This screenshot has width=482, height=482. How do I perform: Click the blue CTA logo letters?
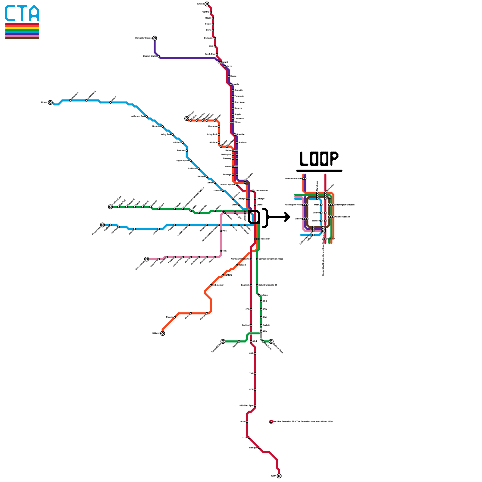point(22,13)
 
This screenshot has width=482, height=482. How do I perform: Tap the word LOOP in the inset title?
point(319,158)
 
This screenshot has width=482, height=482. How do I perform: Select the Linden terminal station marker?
point(207,4)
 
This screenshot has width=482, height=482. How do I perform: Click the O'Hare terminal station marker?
point(50,102)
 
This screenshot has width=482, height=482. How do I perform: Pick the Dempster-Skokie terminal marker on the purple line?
point(155,38)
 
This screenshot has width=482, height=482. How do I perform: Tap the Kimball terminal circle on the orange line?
point(187,119)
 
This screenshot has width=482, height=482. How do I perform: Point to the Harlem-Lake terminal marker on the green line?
point(111,207)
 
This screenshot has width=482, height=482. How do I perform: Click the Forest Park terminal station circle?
point(102,225)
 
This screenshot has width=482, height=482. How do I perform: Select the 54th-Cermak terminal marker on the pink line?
point(146,259)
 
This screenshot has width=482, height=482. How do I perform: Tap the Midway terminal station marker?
point(163,333)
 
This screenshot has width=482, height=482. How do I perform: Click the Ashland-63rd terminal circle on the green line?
point(223,341)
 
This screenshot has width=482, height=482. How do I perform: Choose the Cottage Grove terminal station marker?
point(271,341)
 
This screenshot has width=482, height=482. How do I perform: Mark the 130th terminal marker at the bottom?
point(279,476)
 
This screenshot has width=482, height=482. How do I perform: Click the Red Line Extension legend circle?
point(271,422)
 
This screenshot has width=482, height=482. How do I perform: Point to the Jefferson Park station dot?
point(147,117)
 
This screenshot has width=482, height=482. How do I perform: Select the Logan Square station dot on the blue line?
point(191,161)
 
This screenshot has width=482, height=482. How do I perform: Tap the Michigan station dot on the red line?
point(259,448)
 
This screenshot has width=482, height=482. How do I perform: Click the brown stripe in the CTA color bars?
point(22,38)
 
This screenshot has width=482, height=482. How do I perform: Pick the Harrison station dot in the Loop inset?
point(325,239)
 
